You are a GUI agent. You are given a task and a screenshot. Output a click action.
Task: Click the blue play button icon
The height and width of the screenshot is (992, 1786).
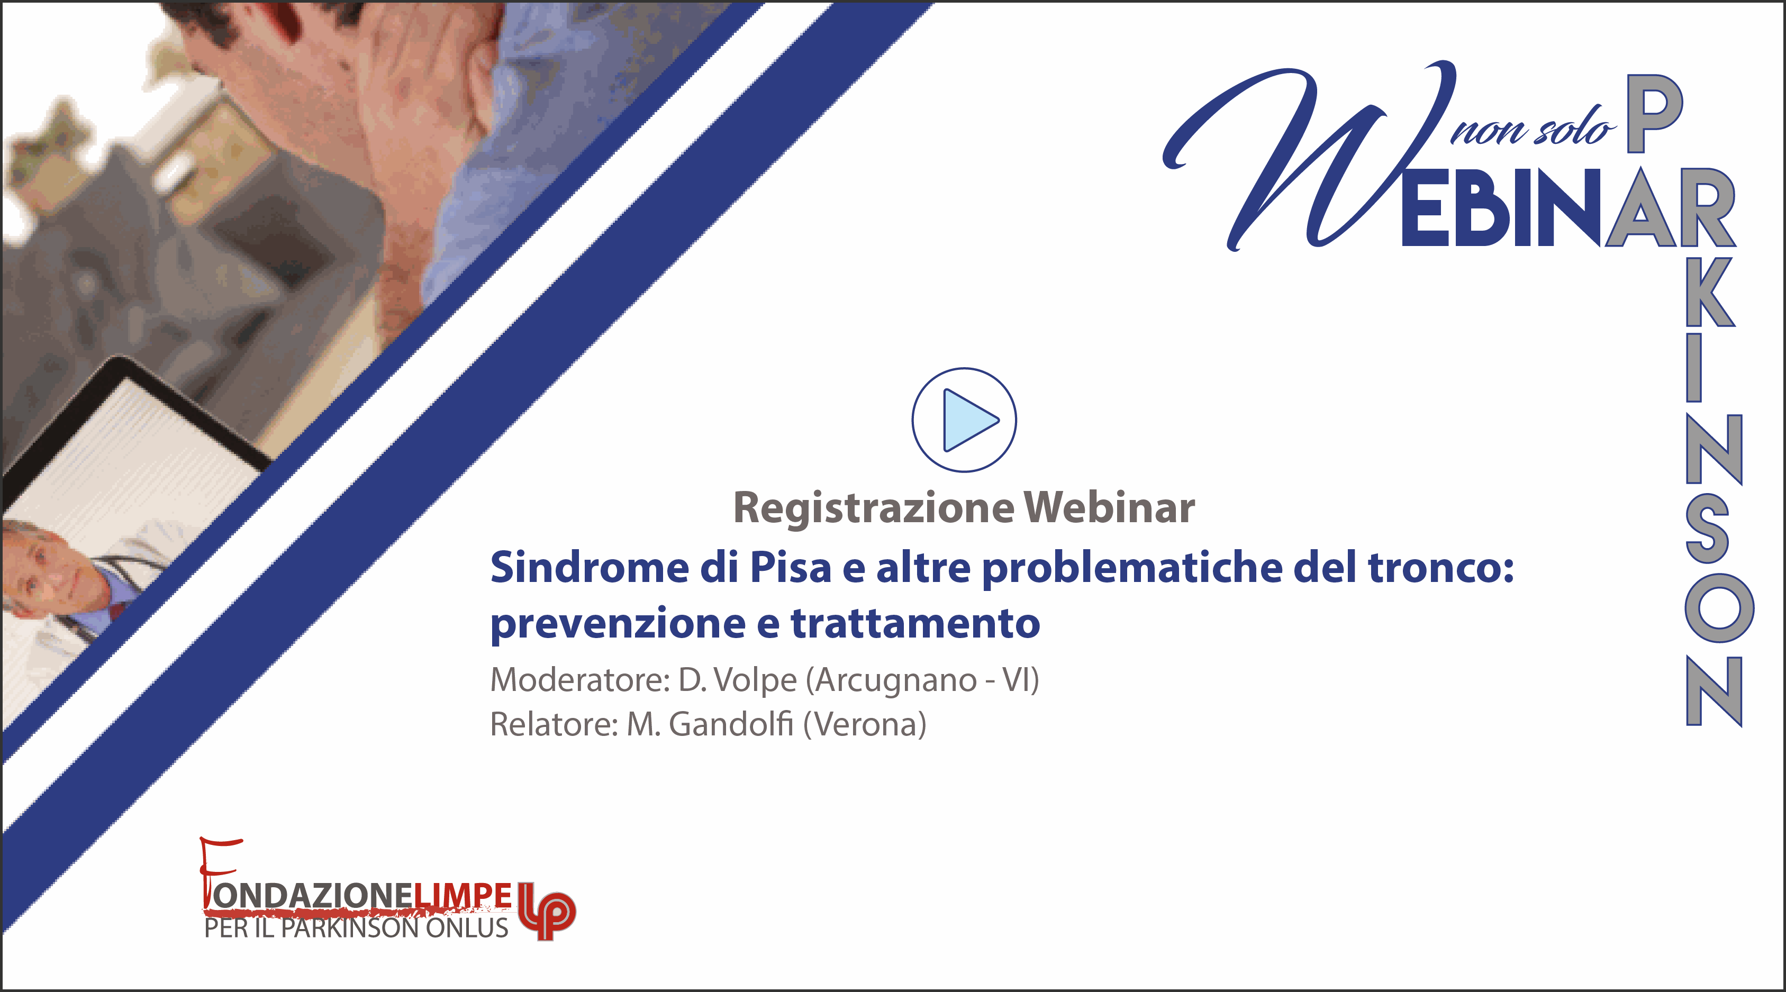click(964, 420)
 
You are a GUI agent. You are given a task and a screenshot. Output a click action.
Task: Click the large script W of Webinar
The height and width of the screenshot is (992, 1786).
click(1310, 156)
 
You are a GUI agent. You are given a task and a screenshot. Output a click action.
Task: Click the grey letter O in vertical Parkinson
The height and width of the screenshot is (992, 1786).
click(1719, 608)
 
